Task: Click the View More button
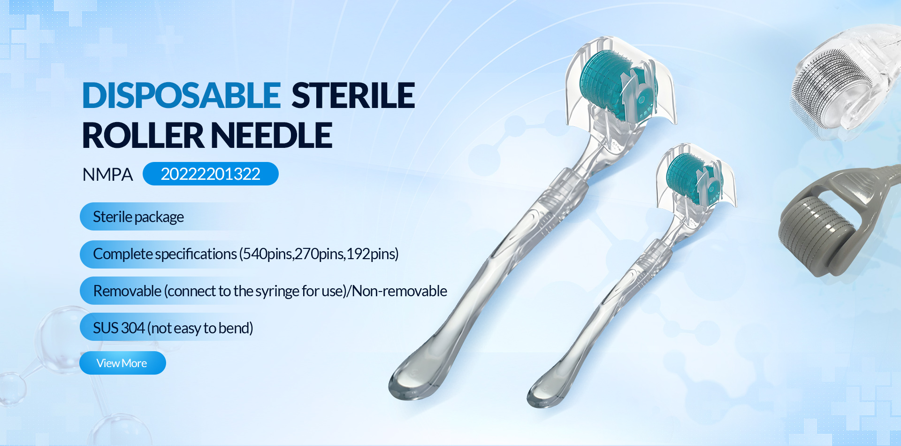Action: (x=122, y=363)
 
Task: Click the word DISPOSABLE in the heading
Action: (x=182, y=96)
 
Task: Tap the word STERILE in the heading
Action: (x=353, y=96)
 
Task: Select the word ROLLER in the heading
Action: (x=143, y=136)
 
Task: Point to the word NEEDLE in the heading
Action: (x=272, y=136)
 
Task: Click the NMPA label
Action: (x=107, y=175)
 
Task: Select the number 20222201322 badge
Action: (x=211, y=174)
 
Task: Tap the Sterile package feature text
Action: (x=138, y=217)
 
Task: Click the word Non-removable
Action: (x=399, y=291)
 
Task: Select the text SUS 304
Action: (x=119, y=328)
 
